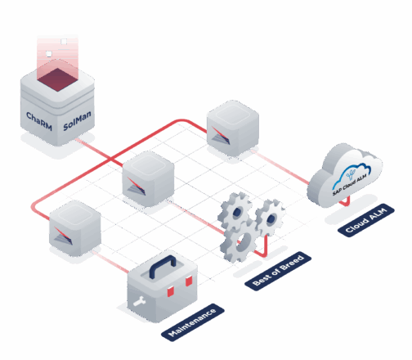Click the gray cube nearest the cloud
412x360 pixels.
point(233,126)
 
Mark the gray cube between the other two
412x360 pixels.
point(148,175)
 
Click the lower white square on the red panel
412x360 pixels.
point(49,54)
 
